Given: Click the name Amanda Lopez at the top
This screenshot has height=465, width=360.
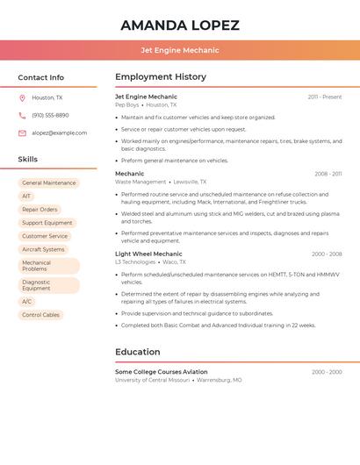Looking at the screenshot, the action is click(x=180, y=25).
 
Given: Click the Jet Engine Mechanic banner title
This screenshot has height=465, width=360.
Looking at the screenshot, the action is click(x=180, y=50).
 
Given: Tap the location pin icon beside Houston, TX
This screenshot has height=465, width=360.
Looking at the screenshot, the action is click(x=22, y=98).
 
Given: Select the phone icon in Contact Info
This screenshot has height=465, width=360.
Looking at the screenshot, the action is click(x=22, y=116).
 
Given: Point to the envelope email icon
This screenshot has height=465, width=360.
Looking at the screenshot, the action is click(x=22, y=133).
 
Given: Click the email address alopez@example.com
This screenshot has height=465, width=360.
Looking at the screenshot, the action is click(x=60, y=133).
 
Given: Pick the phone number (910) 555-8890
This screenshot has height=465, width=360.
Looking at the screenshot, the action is click(x=50, y=116).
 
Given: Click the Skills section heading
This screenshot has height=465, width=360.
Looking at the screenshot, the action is click(x=28, y=160).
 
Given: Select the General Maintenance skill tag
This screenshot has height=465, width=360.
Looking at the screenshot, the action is click(x=49, y=183).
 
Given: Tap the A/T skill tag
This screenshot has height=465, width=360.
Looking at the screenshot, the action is click(x=26, y=197).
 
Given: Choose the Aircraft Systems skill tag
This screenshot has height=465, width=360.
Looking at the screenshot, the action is click(x=43, y=249).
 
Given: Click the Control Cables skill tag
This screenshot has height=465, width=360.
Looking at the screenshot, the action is click(x=40, y=315).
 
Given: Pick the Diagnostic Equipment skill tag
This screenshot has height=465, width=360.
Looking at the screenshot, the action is click(x=36, y=285).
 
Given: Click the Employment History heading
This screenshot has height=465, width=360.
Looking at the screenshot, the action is click(x=161, y=76).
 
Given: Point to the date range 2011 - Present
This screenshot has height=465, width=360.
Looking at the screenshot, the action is click(x=325, y=97).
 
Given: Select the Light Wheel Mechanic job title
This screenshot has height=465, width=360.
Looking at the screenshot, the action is click(x=148, y=254).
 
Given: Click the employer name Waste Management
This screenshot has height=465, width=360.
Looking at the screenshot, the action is click(x=140, y=182).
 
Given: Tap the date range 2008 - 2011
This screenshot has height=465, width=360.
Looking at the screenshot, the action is click(x=328, y=174).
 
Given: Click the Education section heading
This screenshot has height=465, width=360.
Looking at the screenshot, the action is click(x=138, y=352).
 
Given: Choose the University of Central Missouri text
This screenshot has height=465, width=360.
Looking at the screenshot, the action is click(x=153, y=380).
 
